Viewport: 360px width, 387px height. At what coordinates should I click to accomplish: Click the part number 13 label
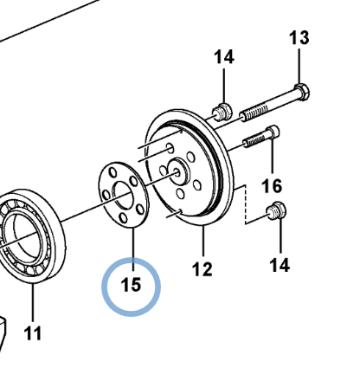299,38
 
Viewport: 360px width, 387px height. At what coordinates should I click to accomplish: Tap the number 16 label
272,186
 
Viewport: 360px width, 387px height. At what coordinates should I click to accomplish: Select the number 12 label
202,269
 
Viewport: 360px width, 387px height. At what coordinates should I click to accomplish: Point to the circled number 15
132,285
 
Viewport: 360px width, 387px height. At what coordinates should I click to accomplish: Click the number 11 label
33,333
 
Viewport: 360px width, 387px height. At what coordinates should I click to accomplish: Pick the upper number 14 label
224,57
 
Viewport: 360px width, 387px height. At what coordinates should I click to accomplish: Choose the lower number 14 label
280,265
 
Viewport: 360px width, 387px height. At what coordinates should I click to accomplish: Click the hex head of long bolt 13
302,92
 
